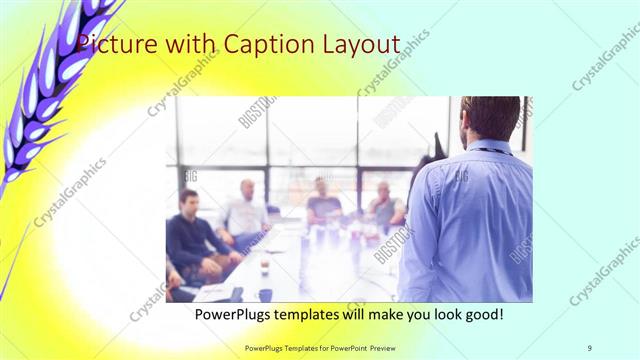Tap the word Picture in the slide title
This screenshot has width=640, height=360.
tap(115, 45)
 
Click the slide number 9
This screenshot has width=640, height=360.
tap(590, 347)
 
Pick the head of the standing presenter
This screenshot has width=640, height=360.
tap(490, 118)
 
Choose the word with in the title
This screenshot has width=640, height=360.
tap(194, 45)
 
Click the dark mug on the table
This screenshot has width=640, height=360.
tap(264, 294)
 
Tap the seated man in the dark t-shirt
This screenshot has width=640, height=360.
tap(322, 205)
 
